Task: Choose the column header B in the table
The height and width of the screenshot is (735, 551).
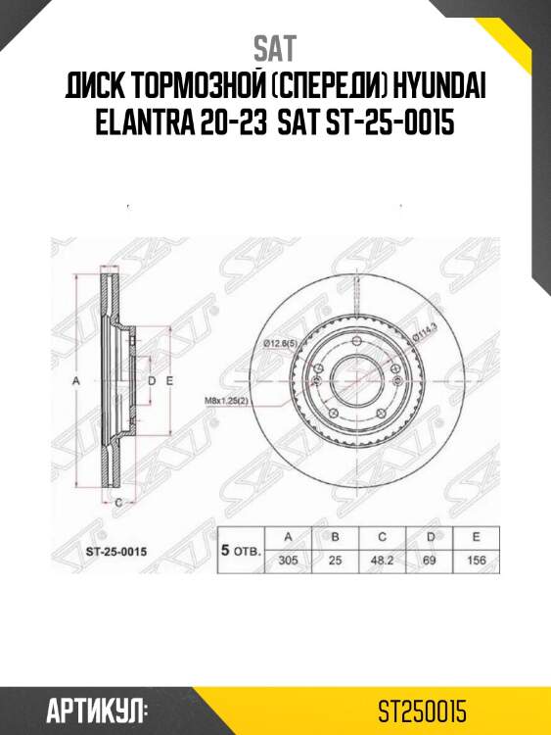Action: (335, 536)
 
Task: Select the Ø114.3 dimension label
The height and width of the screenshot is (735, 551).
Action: (424, 340)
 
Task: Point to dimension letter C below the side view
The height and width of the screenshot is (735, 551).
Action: (118, 502)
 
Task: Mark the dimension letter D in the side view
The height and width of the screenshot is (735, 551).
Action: (152, 379)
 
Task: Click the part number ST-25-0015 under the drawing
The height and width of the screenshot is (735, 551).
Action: (111, 553)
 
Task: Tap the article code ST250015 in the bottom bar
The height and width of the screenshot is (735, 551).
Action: (423, 709)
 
